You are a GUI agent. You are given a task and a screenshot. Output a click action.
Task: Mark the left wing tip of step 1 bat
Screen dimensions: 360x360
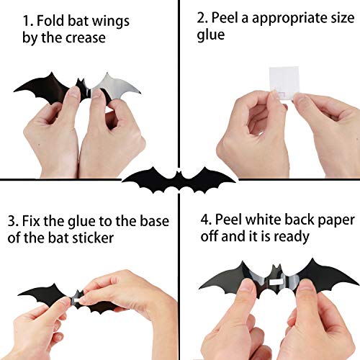16,91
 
